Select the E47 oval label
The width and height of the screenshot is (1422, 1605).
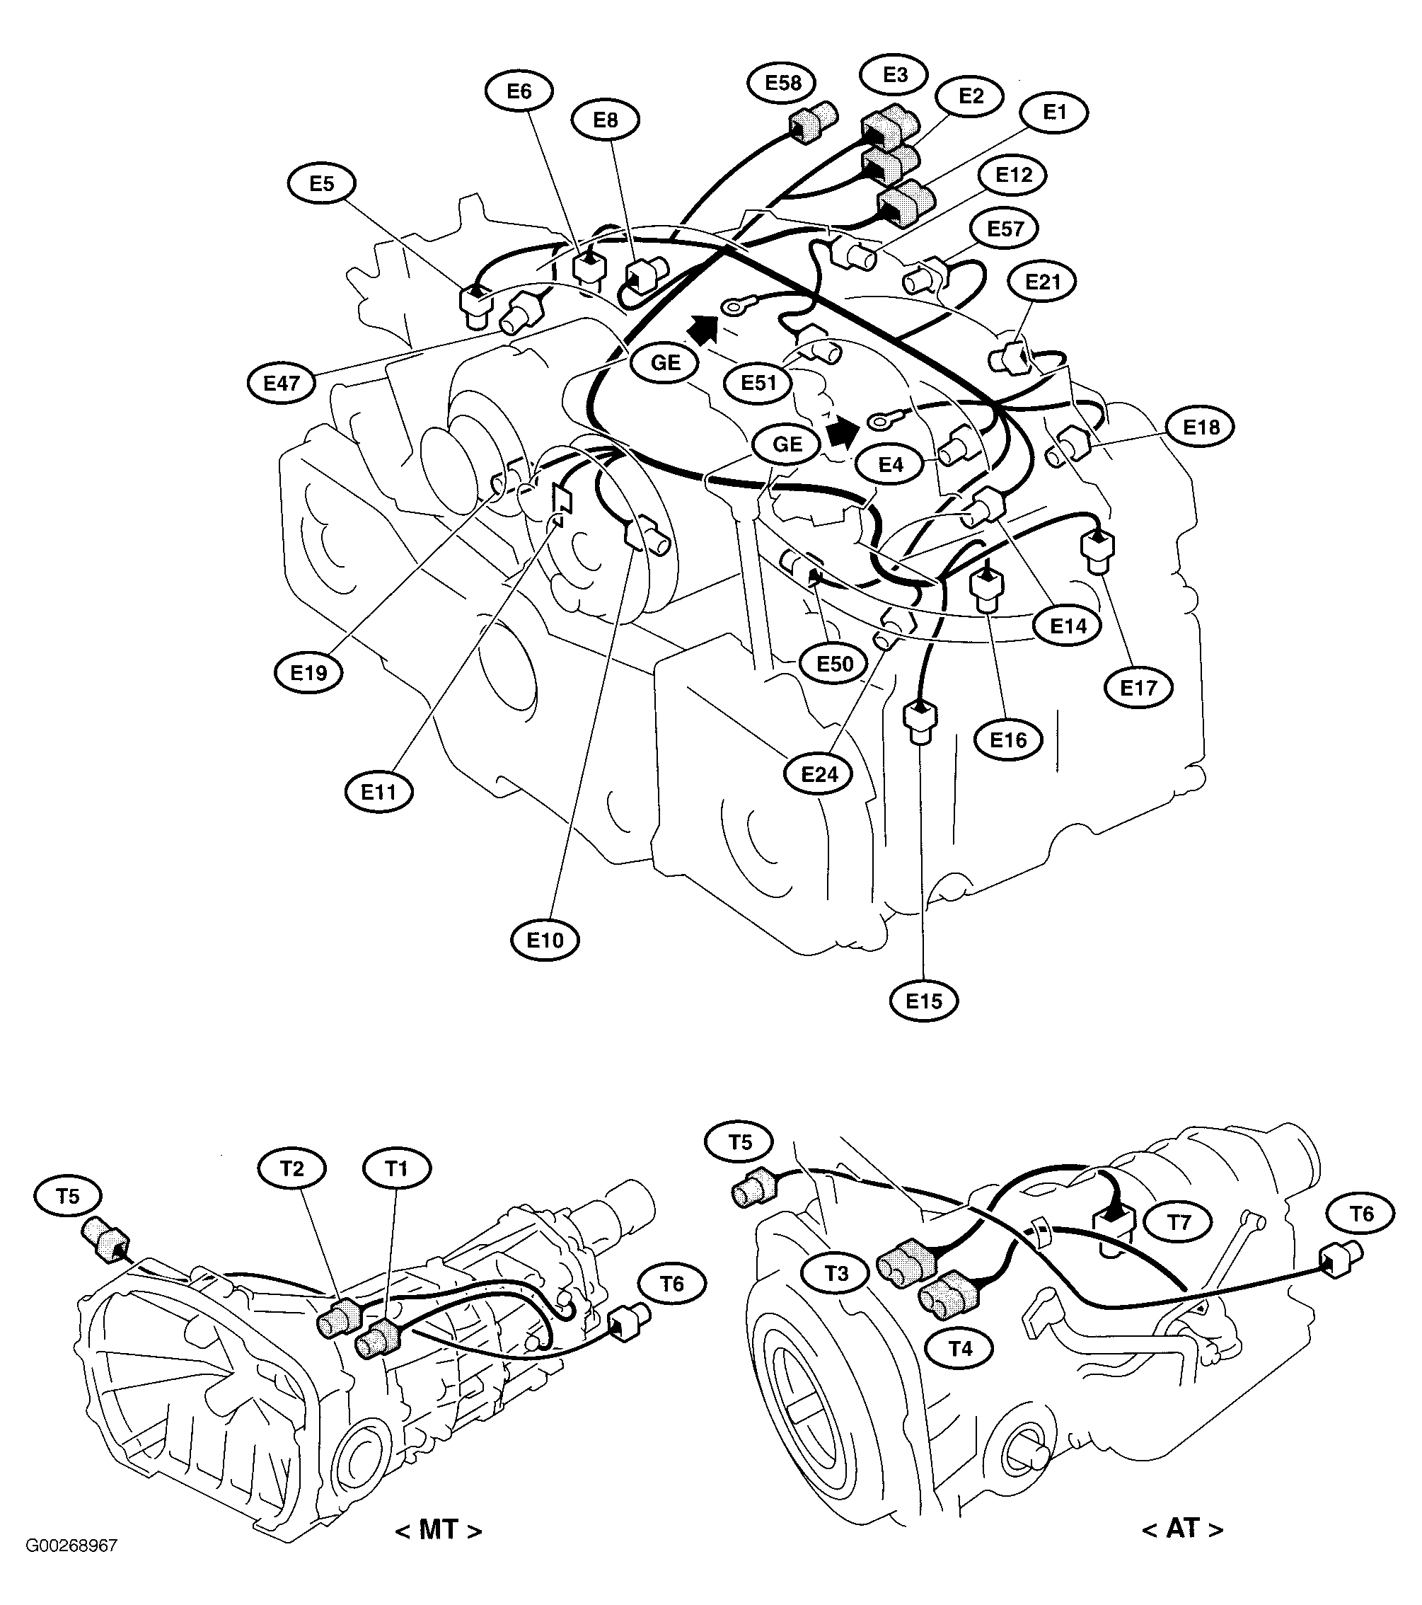[x=281, y=383]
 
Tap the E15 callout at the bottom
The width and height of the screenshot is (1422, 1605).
[x=923, y=1001]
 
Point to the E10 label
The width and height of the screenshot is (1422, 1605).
[x=545, y=940]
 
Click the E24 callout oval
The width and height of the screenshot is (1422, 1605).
[x=819, y=775]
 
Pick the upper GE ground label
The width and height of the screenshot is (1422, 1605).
[x=665, y=363]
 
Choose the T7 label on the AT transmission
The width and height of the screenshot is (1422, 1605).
[x=1179, y=1223]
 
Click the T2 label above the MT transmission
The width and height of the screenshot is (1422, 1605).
[x=291, y=1169]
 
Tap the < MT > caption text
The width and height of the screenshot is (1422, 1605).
[x=438, y=1529]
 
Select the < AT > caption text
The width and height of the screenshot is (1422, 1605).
[x=1182, y=1528]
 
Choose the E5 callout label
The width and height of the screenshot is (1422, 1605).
[x=321, y=184]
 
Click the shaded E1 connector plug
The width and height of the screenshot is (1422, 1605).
[x=903, y=201]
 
